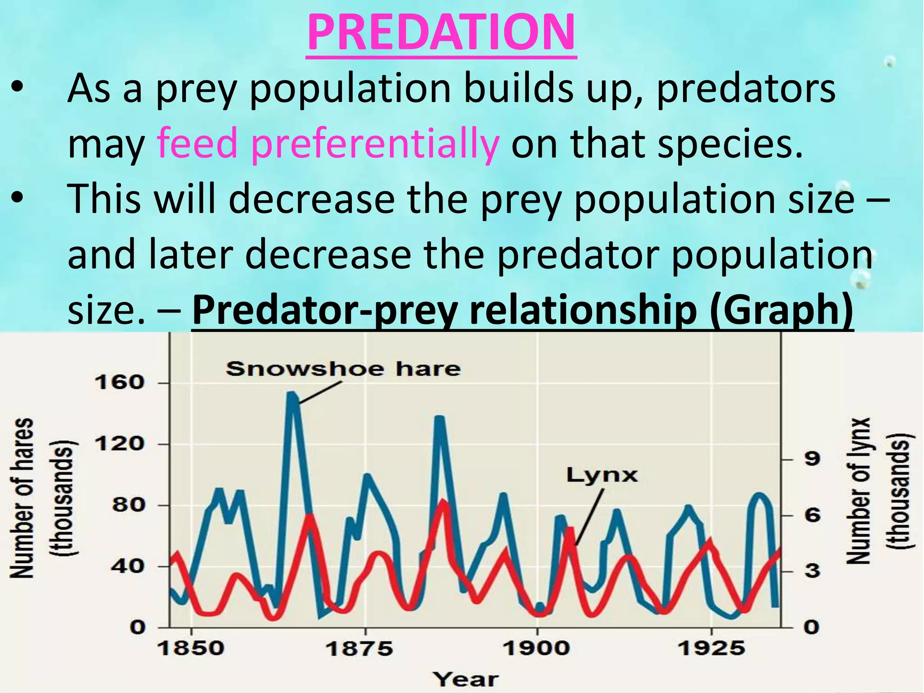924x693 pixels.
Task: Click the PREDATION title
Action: point(441,32)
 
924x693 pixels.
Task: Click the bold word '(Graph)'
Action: point(781,310)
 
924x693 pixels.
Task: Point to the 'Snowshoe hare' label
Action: point(343,369)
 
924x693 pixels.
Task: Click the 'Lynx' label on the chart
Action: point(602,475)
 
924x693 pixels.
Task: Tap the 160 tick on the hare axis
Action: point(119,383)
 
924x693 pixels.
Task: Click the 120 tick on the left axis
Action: point(119,444)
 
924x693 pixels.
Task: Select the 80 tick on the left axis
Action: point(129,505)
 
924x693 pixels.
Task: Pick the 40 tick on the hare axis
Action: point(129,566)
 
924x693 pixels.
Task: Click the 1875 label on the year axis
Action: point(359,649)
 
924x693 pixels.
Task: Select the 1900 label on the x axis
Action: point(536,649)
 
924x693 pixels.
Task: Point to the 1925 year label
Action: point(711,649)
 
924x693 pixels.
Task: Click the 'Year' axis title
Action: point(466,679)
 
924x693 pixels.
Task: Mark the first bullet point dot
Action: point(17,87)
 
